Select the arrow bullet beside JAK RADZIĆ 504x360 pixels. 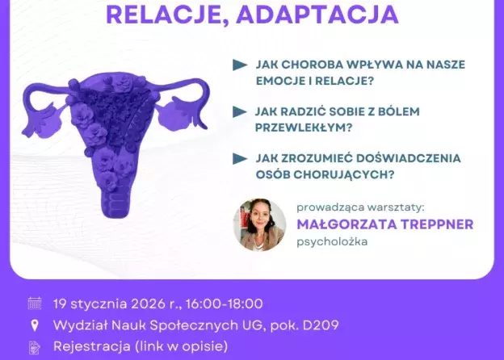pos(239,111)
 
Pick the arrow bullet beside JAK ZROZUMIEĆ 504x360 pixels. pos(239,159)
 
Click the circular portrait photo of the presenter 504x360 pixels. pos(259,224)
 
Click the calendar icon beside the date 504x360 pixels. pos(34,303)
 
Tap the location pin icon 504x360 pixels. pos(34,326)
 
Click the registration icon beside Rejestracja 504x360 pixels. pos(34,348)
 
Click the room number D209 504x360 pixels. pos(318,326)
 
